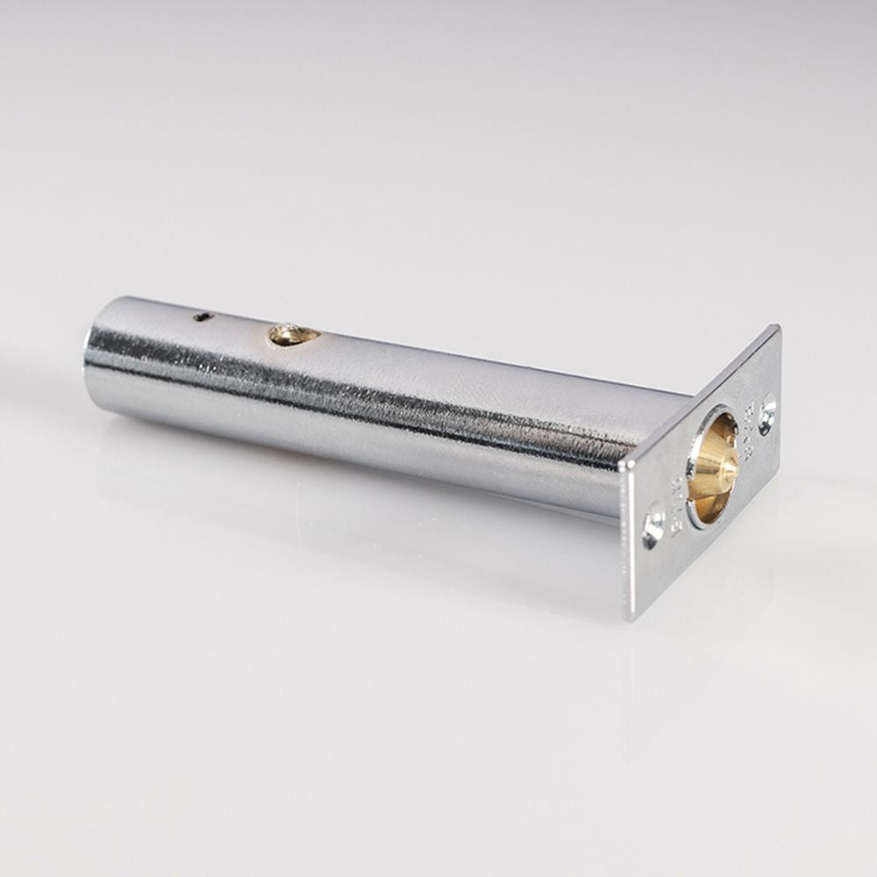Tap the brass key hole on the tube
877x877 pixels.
293,334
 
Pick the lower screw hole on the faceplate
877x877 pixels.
652,528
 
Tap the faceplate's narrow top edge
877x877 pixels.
702,395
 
